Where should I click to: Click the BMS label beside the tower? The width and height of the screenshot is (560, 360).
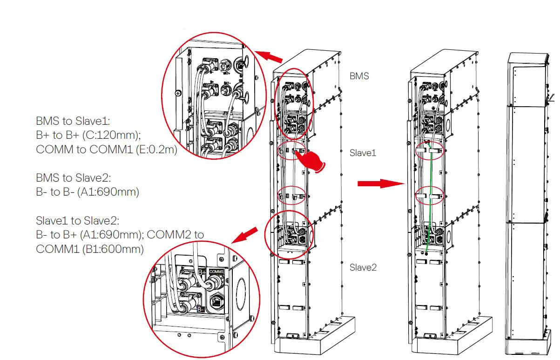pos(359,76)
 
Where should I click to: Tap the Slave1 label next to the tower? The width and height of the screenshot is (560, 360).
pos(363,152)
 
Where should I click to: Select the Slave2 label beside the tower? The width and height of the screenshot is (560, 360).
pos(363,267)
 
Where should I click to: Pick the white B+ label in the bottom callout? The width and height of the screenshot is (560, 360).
pos(202,272)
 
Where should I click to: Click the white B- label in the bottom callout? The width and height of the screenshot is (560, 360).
pos(201,309)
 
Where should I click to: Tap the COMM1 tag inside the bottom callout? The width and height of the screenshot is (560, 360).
pos(216,271)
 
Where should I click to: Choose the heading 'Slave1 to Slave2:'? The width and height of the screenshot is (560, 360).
pos(78,220)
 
